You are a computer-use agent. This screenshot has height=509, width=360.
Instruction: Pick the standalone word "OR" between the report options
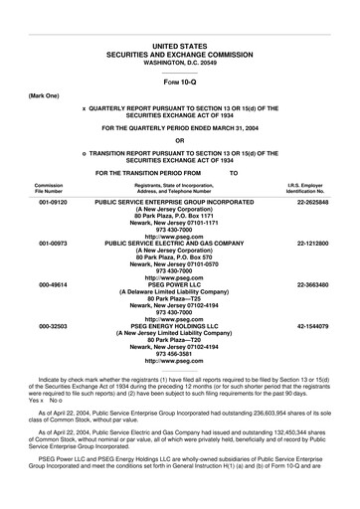pos(180,140)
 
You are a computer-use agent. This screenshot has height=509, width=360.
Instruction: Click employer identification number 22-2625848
pos(312,201)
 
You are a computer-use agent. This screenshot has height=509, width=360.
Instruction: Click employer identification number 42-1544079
pos(312,325)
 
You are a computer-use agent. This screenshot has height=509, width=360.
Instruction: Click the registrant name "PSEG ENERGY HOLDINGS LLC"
pos(180,325)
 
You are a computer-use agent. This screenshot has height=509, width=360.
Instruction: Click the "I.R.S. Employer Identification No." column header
pos(311,187)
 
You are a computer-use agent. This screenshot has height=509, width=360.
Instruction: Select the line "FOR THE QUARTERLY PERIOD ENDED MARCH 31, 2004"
pos(180,127)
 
